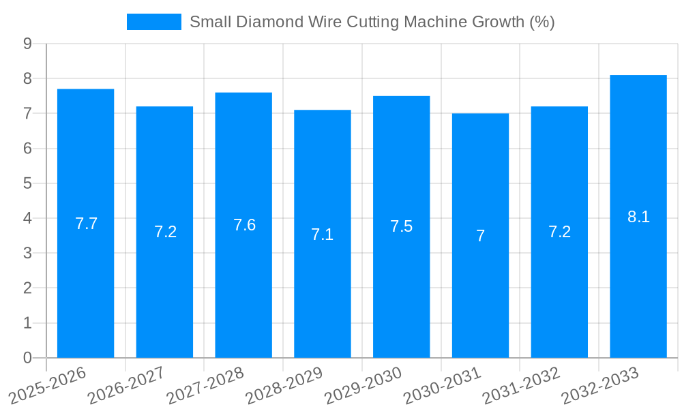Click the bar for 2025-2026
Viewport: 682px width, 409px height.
click(x=85, y=286)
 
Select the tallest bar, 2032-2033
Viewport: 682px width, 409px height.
click(x=638, y=286)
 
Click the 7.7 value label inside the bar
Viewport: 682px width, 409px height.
click(x=86, y=224)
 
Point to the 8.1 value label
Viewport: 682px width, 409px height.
click(x=638, y=217)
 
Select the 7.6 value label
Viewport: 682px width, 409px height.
click(x=244, y=225)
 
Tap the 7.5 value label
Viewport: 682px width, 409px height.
click(x=401, y=226)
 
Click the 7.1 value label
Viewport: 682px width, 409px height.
click(x=322, y=234)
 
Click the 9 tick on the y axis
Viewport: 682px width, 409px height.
click(x=27, y=44)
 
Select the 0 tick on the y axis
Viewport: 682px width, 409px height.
click(x=27, y=358)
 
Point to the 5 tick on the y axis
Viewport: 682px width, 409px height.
click(x=27, y=183)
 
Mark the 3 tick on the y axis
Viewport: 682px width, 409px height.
click(x=27, y=253)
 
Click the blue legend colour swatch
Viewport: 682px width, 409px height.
click(x=153, y=22)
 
